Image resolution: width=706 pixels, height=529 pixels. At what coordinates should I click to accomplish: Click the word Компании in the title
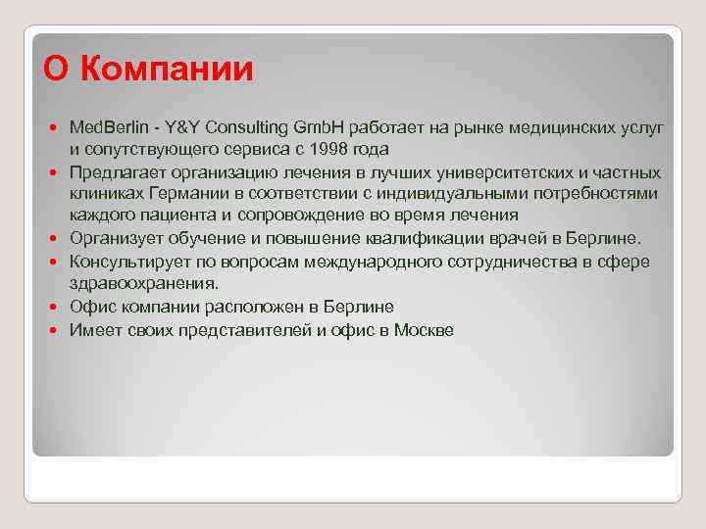[168, 69]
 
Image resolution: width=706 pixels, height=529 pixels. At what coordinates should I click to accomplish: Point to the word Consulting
[244, 128]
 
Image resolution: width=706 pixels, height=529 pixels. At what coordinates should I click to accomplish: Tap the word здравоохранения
[143, 283]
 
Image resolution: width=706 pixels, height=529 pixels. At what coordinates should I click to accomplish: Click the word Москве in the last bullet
[424, 330]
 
